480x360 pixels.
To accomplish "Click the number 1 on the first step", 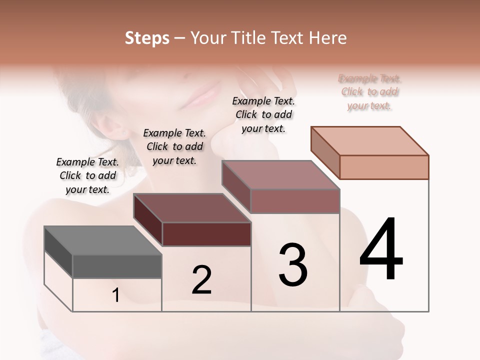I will [x=116, y=295].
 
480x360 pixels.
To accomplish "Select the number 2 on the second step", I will [x=201, y=279].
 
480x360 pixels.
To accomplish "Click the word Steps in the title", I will [x=147, y=38].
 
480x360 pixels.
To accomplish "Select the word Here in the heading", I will [x=327, y=38].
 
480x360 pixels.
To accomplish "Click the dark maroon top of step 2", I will [x=192, y=208].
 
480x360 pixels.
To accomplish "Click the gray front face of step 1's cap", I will [x=117, y=266].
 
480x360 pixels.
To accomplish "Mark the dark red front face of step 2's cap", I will [x=206, y=234].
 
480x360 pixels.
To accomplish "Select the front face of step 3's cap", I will [x=295, y=201].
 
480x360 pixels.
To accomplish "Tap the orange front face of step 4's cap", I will [x=384, y=167].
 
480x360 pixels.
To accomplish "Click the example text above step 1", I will [x=87, y=175].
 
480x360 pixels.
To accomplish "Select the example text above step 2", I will [x=174, y=146].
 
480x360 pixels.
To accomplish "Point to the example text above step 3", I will [x=263, y=114].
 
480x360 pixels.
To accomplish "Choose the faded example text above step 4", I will [x=369, y=92].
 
